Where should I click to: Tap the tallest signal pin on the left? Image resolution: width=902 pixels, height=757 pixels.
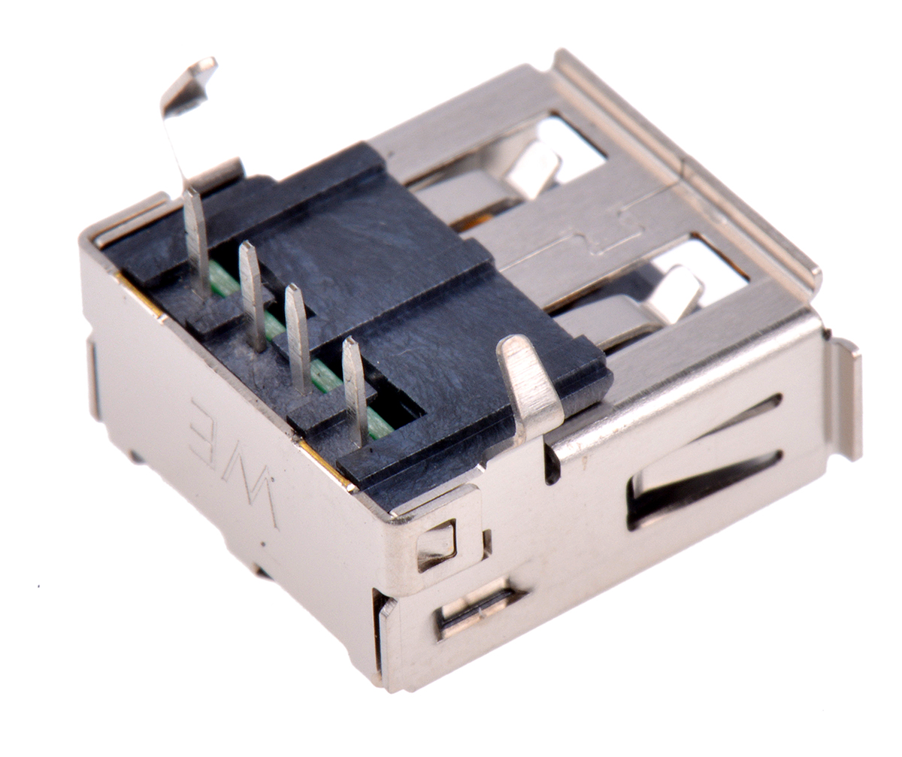tap(197, 242)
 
